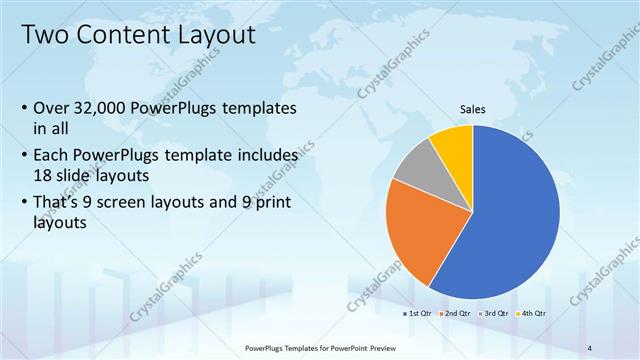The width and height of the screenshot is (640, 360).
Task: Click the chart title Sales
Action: click(x=473, y=110)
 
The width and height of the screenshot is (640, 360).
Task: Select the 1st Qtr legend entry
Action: click(x=418, y=314)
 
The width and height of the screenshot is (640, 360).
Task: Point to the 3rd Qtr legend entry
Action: click(x=496, y=314)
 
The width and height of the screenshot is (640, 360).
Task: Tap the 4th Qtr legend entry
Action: click(x=533, y=314)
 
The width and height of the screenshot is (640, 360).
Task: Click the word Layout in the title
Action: click(x=212, y=36)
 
